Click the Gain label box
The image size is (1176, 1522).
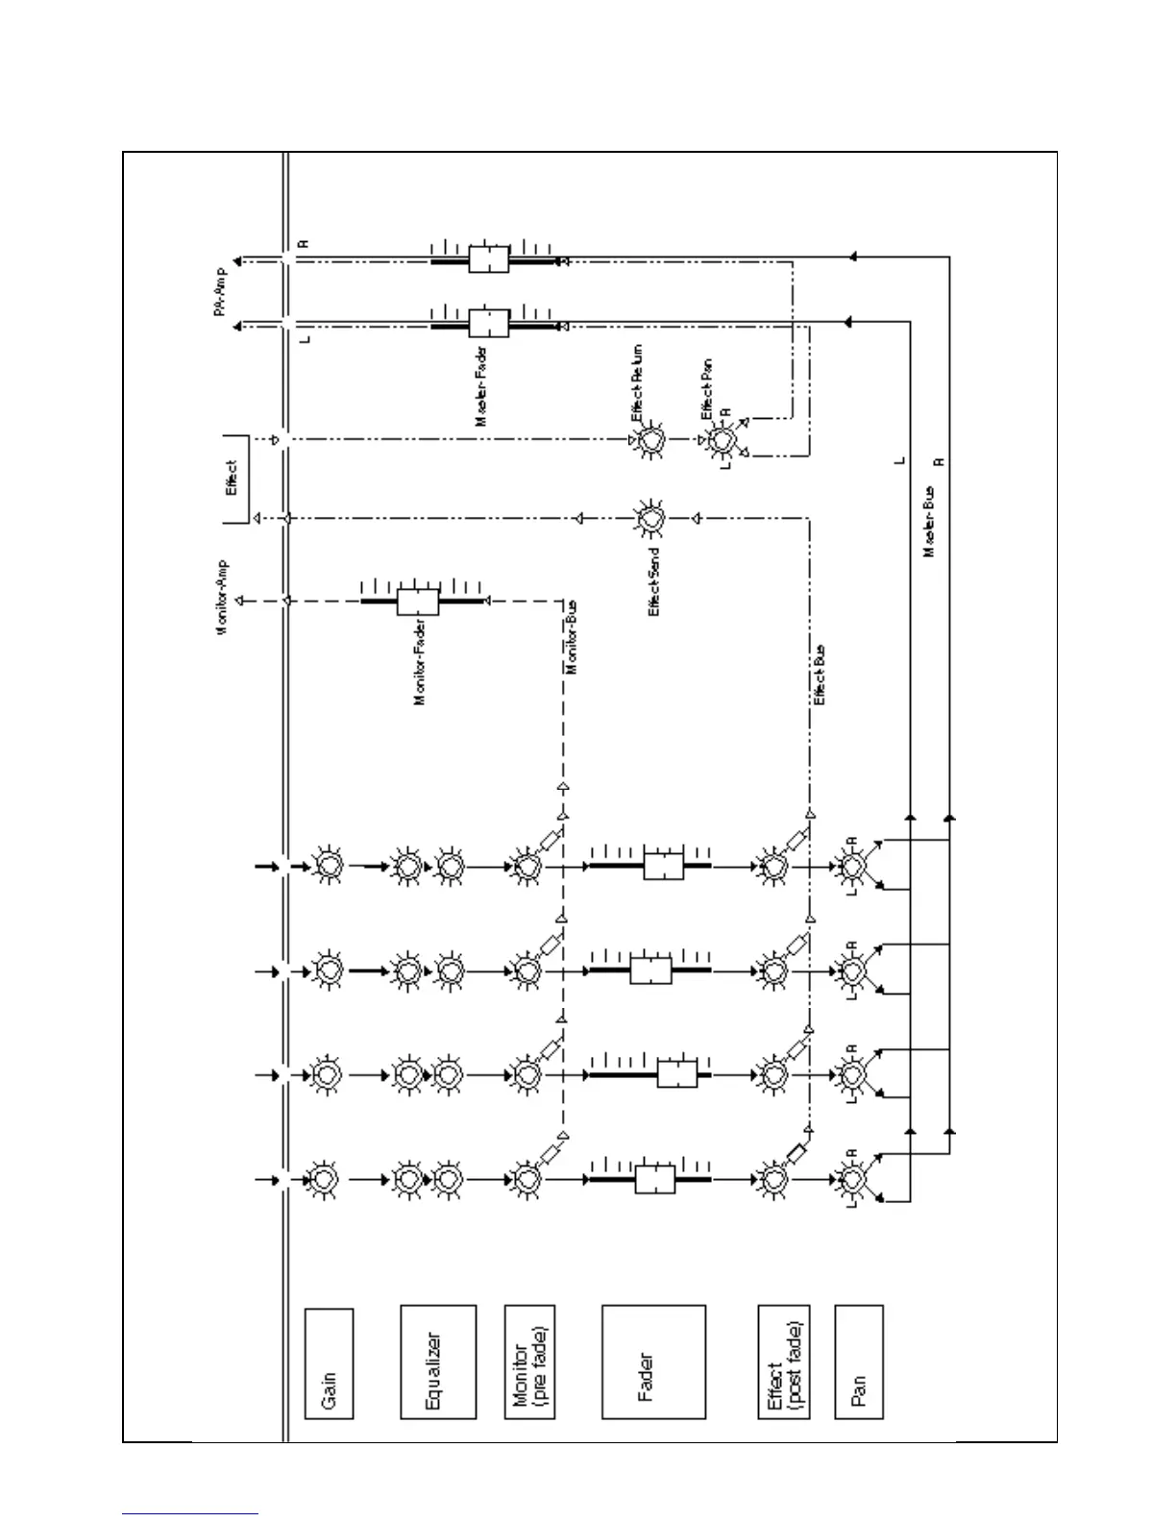pyautogui.click(x=329, y=1362)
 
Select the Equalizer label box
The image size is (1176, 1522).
pyautogui.click(x=438, y=1361)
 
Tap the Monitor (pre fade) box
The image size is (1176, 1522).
pyautogui.click(x=530, y=1361)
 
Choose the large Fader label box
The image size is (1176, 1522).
pyautogui.click(x=653, y=1361)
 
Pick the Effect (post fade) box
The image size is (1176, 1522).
pyautogui.click(x=783, y=1361)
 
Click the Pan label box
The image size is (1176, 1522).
pyautogui.click(x=859, y=1361)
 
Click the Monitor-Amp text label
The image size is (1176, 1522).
pyautogui.click(x=222, y=597)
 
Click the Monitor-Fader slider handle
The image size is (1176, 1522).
pyautogui.click(x=418, y=601)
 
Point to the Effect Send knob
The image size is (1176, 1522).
pyautogui.click(x=649, y=519)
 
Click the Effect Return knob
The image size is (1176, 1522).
pyautogui.click(x=649, y=440)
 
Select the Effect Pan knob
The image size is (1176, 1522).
pyautogui.click(x=721, y=440)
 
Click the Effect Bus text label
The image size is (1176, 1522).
pyautogui.click(x=820, y=675)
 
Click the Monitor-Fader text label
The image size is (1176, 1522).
pyautogui.click(x=420, y=665)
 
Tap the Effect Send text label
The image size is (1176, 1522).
pyautogui.click(x=654, y=580)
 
